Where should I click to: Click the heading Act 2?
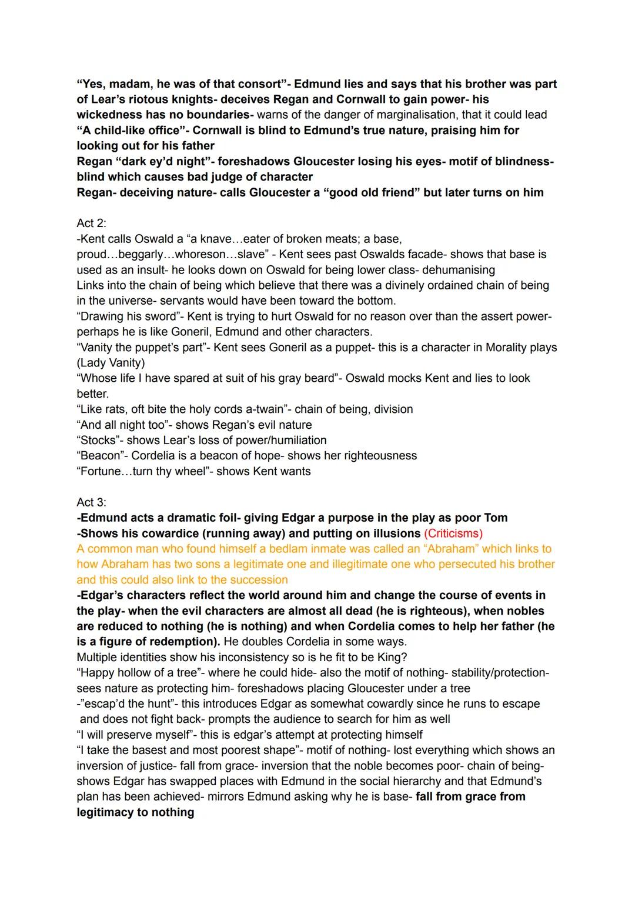pos(91,224)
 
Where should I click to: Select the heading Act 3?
pos(91,502)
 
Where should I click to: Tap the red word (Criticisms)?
pos(453,533)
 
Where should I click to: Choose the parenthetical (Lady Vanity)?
pos(111,363)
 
